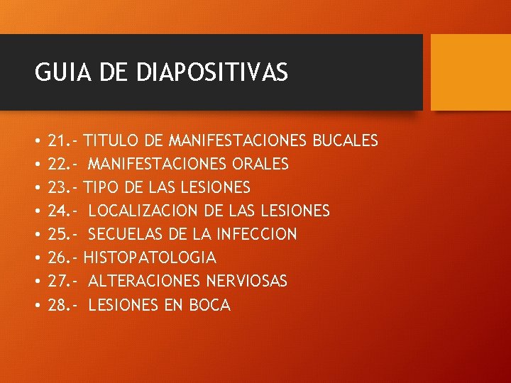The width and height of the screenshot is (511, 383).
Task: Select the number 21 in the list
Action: pyautogui.click(x=58, y=140)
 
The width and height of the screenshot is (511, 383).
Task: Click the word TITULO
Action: pyautogui.click(x=113, y=140)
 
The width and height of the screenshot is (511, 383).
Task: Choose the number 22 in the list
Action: pyautogui.click(x=58, y=164)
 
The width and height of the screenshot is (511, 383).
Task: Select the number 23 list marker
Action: pyautogui.click(x=58, y=187)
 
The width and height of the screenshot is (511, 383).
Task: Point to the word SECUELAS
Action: pyautogui.click(x=123, y=234)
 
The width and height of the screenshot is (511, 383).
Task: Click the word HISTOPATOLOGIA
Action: pyautogui.click(x=150, y=257)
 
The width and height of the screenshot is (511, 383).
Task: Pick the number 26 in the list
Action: pyautogui.click(x=58, y=257)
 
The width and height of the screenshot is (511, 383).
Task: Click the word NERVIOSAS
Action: pyautogui.click(x=246, y=282)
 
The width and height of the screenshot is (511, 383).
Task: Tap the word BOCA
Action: pyautogui.click(x=209, y=305)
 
